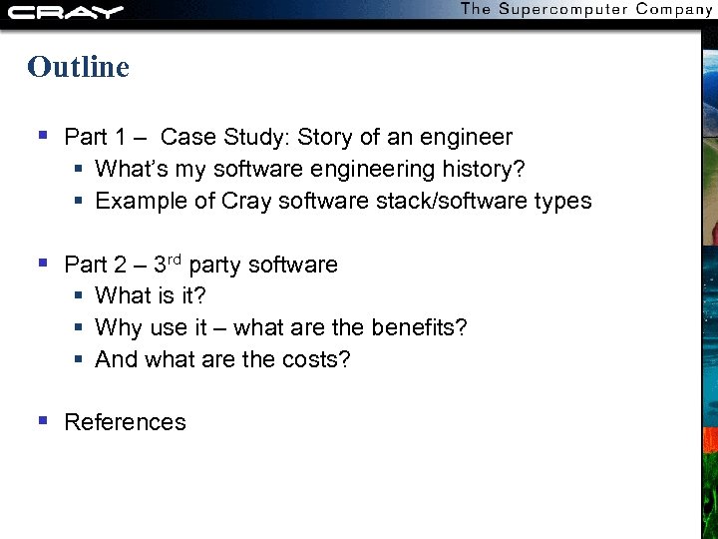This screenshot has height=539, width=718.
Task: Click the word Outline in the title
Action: click(x=79, y=67)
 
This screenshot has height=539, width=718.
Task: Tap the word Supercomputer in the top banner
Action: click(x=557, y=9)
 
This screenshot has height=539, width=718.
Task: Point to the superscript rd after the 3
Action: click(x=175, y=260)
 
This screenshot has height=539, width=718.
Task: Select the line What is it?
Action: click(x=151, y=295)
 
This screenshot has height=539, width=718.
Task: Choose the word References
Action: click(x=125, y=422)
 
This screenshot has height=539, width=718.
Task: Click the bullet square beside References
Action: click(x=42, y=421)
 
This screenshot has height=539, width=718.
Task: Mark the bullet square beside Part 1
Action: click(x=42, y=136)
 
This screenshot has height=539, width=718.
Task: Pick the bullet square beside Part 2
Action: click(x=42, y=264)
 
